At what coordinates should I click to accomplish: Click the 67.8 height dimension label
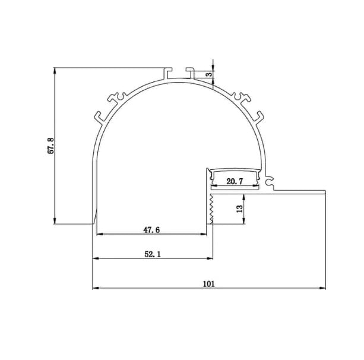(51, 146)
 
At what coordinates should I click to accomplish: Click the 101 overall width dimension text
(208, 283)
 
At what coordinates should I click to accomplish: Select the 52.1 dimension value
(152, 254)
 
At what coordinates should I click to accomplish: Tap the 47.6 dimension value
(153, 228)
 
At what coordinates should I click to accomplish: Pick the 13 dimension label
(238, 208)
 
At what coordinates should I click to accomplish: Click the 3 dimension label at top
(208, 75)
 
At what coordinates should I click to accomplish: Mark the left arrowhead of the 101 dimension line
(95, 289)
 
